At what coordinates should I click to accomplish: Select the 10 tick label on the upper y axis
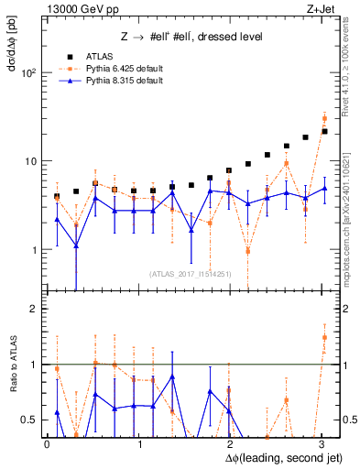(31, 161)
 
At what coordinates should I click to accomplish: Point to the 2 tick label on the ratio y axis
(34, 309)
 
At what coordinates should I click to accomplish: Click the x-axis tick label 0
(47, 443)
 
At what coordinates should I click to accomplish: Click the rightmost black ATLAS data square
(325, 132)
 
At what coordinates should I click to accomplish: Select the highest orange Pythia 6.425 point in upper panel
(325, 118)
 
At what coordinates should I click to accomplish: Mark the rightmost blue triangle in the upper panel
(325, 189)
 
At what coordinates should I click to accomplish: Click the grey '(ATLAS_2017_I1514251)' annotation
(189, 273)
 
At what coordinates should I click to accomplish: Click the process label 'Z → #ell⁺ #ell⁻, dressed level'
(186, 37)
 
